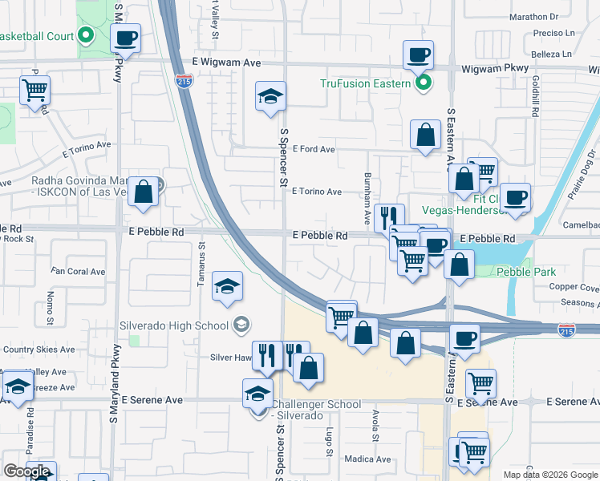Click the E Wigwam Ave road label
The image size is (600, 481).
[227, 63]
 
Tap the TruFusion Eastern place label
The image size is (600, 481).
[366, 83]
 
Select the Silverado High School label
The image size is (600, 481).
[184, 325]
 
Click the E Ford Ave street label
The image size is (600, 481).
[314, 149]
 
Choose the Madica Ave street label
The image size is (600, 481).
[367, 459]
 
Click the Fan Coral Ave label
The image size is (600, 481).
[78, 272]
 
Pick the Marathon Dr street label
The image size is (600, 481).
[533, 16]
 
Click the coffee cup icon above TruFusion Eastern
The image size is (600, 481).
[418, 55]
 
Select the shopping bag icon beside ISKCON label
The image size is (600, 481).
[143, 192]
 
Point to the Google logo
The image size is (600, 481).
[26, 471]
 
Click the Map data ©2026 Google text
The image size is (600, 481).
[550, 475]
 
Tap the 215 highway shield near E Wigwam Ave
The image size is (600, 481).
[183, 81]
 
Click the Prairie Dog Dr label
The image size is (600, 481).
[579, 181]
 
